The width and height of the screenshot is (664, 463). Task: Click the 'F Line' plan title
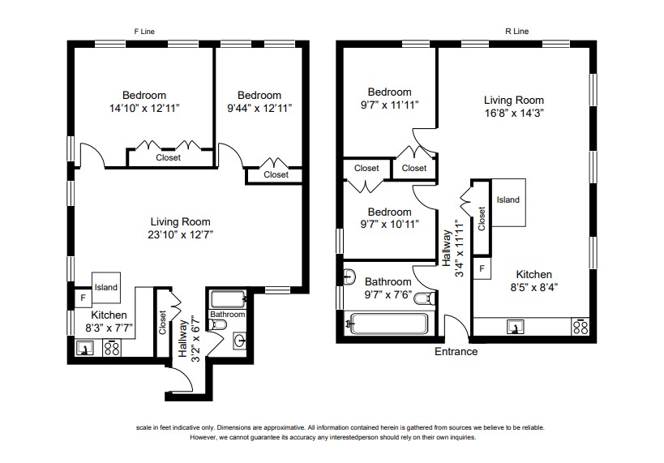point(144,31)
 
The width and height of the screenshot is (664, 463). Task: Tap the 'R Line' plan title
point(516,31)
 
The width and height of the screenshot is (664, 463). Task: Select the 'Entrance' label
point(456,352)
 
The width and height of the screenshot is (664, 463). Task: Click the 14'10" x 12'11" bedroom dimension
point(144,108)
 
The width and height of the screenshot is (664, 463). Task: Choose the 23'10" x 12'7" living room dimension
point(180,235)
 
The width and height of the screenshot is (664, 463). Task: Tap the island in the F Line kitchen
point(105,287)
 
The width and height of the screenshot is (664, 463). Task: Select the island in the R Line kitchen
point(508,200)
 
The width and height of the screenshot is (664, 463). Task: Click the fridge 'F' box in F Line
point(82,298)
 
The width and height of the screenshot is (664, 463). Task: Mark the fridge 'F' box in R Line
point(482,268)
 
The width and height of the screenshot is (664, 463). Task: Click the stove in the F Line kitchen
point(112,349)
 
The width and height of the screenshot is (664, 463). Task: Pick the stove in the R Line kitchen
point(580,327)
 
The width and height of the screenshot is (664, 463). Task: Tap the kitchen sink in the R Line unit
point(514,327)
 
